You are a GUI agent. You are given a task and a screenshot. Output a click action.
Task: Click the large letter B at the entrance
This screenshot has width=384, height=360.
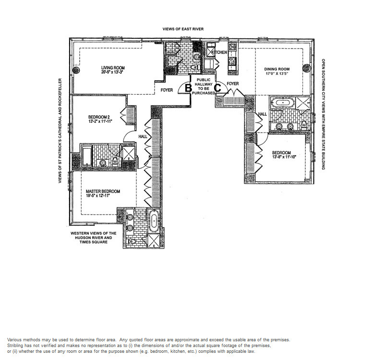188,88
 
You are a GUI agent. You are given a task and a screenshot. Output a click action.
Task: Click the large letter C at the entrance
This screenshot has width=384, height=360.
218,88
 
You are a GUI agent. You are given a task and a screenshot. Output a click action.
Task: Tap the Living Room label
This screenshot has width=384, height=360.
113,68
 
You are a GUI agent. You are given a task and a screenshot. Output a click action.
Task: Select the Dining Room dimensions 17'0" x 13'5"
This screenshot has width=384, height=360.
277,73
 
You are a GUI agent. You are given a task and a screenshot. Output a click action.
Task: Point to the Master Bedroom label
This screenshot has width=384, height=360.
103,191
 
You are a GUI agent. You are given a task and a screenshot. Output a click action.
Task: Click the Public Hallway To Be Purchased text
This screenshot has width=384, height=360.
204,86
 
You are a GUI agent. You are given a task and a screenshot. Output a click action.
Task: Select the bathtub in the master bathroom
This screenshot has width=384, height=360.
154,221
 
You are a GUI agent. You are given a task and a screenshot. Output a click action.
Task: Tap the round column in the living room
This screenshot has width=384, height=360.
76,70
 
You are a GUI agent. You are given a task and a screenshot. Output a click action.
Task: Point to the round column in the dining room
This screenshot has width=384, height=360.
306,68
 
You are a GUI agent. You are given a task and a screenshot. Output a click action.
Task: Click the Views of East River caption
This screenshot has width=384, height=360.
183,29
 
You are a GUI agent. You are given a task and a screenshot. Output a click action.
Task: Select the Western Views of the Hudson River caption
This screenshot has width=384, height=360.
93,238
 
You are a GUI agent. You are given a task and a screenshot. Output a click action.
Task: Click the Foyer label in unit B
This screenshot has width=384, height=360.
167,90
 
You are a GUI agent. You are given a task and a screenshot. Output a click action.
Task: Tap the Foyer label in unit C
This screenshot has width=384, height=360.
233,84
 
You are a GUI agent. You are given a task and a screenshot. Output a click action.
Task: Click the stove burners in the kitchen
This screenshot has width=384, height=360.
232,61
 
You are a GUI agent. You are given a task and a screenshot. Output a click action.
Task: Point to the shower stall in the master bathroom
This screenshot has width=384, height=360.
153,241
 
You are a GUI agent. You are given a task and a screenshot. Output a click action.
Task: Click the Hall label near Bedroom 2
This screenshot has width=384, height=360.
143,136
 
